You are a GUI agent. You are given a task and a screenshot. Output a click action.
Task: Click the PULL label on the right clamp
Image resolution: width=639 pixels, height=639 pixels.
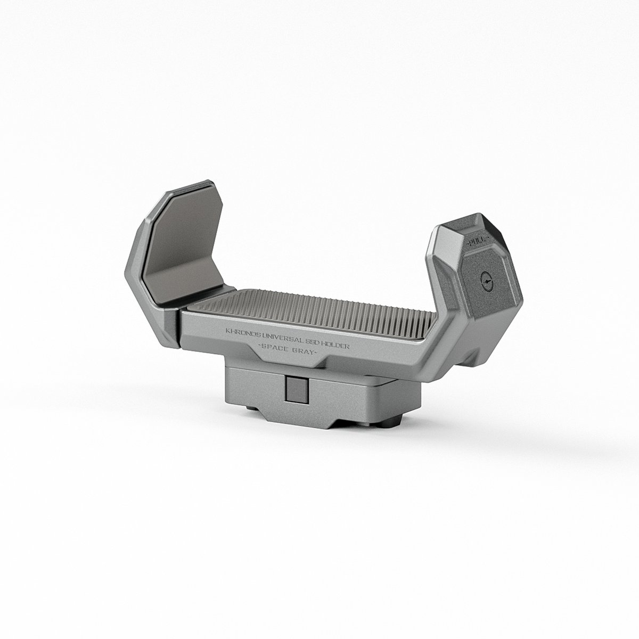click(x=476, y=242)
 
